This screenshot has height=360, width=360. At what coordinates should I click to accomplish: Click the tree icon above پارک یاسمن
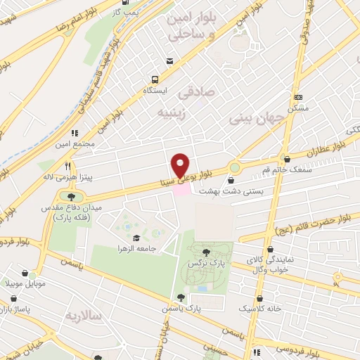(181, 297)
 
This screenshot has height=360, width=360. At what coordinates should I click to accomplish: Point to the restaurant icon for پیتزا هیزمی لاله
(67, 167)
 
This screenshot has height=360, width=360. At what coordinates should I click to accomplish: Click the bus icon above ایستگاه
(169, 79)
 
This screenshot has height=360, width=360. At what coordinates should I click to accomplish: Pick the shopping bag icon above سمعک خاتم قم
(286, 160)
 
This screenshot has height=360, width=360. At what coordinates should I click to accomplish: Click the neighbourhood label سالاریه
(103, 316)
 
